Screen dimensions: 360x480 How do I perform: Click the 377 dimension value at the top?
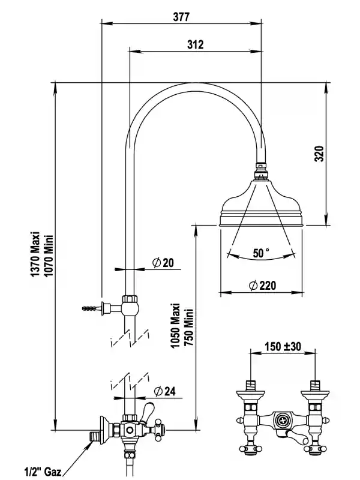(181, 17)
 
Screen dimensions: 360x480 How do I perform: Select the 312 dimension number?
(196, 44)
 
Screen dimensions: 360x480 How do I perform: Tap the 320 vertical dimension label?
(319, 154)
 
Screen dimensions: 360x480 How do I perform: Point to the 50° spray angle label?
(261, 253)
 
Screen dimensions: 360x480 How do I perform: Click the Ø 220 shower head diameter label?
(263, 286)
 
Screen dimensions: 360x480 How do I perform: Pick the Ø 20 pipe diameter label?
(163, 263)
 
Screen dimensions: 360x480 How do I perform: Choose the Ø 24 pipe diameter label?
(164, 391)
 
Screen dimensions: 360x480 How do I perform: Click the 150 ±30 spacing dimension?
(283, 346)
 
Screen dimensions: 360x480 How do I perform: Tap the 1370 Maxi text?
(35, 254)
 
